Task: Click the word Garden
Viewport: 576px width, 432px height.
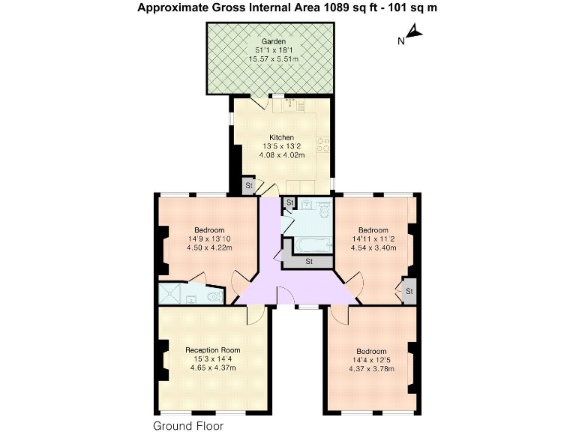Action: [x=271, y=41]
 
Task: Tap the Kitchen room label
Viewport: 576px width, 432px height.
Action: [x=282, y=137]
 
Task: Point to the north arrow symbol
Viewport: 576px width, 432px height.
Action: [x=413, y=34]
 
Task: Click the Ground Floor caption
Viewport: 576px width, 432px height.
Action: [x=188, y=425]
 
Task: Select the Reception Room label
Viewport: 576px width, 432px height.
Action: [x=213, y=349]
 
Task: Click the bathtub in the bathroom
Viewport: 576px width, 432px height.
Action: [x=307, y=244]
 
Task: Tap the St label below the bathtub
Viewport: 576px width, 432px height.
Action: [x=308, y=261]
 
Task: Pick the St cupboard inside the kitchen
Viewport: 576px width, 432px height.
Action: [x=247, y=186]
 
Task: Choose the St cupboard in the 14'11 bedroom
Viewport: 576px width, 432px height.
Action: [x=409, y=291]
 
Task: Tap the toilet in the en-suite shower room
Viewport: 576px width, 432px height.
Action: [x=215, y=295]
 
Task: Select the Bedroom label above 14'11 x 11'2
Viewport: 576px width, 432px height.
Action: [x=373, y=229]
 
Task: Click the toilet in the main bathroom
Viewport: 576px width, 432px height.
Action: [x=322, y=211]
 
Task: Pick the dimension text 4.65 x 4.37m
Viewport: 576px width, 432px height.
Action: [x=213, y=368]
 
